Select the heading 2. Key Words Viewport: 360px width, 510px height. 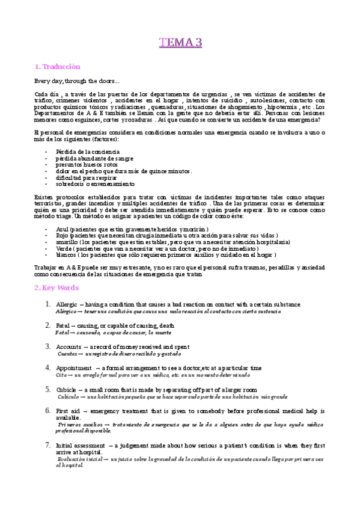56,287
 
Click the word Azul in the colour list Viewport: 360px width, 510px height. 62,230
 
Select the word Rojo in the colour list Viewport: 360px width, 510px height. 62,236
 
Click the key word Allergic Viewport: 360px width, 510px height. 66,304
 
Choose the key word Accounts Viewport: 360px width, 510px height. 69,347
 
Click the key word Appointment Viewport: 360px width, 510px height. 74,367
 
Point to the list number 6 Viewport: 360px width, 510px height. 48,411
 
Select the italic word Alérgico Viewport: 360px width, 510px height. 66,312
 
